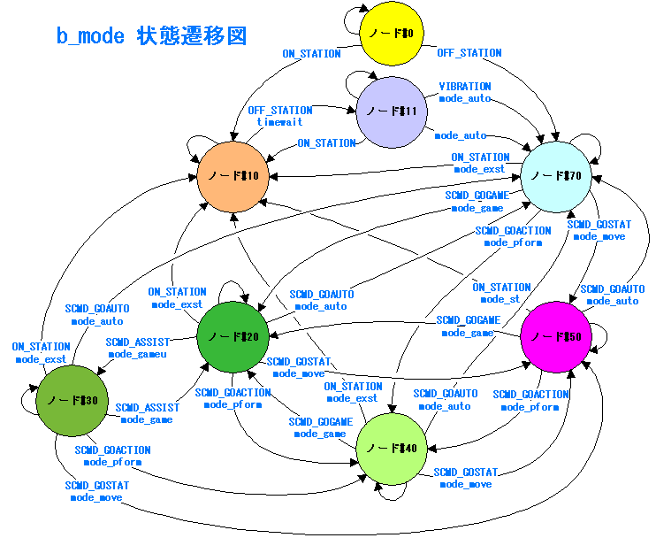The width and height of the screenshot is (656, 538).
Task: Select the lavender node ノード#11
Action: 391,111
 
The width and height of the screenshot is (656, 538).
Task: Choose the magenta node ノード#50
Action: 556,337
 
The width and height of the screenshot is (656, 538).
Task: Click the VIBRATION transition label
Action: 465,87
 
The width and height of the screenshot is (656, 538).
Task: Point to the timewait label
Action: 279,121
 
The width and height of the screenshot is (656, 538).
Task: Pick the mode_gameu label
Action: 137,354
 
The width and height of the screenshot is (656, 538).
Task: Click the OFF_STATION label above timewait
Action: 280,111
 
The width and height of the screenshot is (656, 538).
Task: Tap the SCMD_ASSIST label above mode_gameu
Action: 137,342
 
